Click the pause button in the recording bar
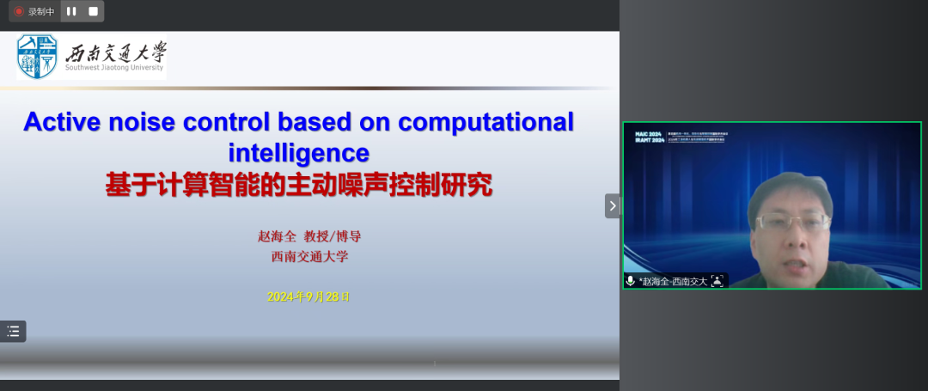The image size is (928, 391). pyautogui.click(x=71, y=11)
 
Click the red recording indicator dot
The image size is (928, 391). pyautogui.click(x=18, y=12)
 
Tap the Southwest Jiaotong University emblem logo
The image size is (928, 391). pyautogui.click(x=38, y=57)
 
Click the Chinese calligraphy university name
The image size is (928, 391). pyautogui.click(x=114, y=53)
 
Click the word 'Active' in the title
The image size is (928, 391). pyautogui.click(x=65, y=122)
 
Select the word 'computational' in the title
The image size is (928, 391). pyautogui.click(x=485, y=122)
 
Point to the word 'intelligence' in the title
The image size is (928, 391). pyautogui.click(x=298, y=153)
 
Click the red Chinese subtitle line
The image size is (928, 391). pyautogui.click(x=298, y=184)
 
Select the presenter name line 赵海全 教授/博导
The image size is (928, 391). pyautogui.click(x=303, y=236)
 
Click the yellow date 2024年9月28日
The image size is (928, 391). pyautogui.click(x=308, y=296)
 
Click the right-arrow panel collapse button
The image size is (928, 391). pyautogui.click(x=612, y=205)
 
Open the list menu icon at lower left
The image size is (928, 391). pyautogui.click(x=13, y=332)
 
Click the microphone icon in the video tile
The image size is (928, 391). pyautogui.click(x=631, y=281)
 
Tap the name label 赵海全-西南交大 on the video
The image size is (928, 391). pyautogui.click(x=674, y=281)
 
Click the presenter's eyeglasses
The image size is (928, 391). pyautogui.click(x=791, y=222)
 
